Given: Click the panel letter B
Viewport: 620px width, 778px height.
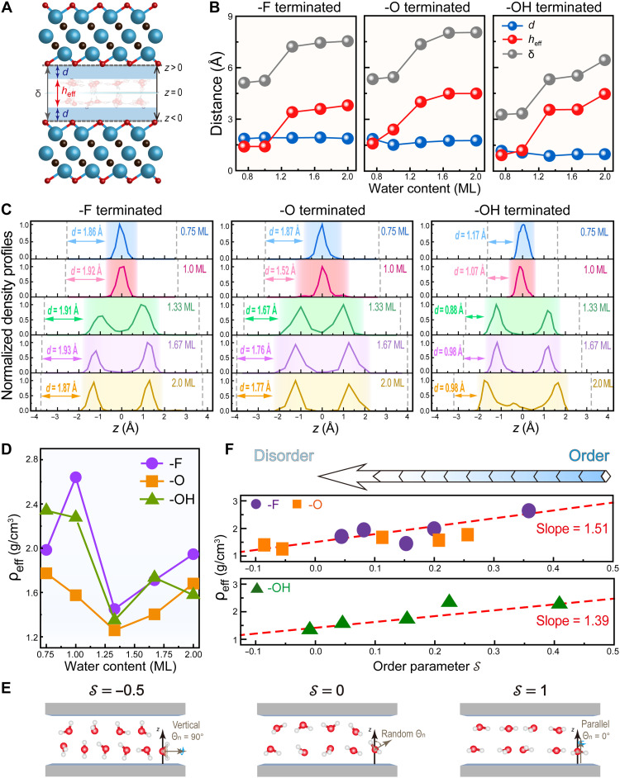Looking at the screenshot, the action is [214, 7].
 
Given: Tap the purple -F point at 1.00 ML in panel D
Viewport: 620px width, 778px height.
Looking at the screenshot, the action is [75, 477].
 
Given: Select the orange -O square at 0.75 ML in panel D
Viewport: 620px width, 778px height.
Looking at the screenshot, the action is [46, 573].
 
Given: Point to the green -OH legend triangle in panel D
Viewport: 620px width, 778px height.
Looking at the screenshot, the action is [152, 499].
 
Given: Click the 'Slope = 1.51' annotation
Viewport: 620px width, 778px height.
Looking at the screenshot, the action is [572, 529].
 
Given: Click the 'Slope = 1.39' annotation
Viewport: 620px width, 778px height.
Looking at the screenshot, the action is [572, 620].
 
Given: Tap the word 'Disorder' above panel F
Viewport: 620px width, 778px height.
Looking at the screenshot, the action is [284, 456].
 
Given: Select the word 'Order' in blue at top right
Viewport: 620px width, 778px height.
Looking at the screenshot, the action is [589, 456].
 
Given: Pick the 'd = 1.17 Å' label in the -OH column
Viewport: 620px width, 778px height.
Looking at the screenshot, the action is [470, 235].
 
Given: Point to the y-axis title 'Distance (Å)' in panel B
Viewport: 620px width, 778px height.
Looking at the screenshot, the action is [217, 94].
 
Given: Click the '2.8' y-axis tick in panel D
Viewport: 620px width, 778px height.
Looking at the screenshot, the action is [31, 459].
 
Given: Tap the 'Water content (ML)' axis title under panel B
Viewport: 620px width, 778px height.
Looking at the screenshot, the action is [424, 188].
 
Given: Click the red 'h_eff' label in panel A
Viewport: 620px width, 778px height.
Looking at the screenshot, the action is [68, 92].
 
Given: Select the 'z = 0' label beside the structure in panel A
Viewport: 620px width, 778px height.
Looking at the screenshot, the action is [173, 93].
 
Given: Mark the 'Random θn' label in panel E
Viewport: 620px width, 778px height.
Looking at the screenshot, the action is [403, 733].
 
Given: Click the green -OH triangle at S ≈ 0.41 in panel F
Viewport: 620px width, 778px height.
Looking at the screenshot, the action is [560, 602].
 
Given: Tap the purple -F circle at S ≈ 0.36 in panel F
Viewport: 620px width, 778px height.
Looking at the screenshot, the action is [529, 510].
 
